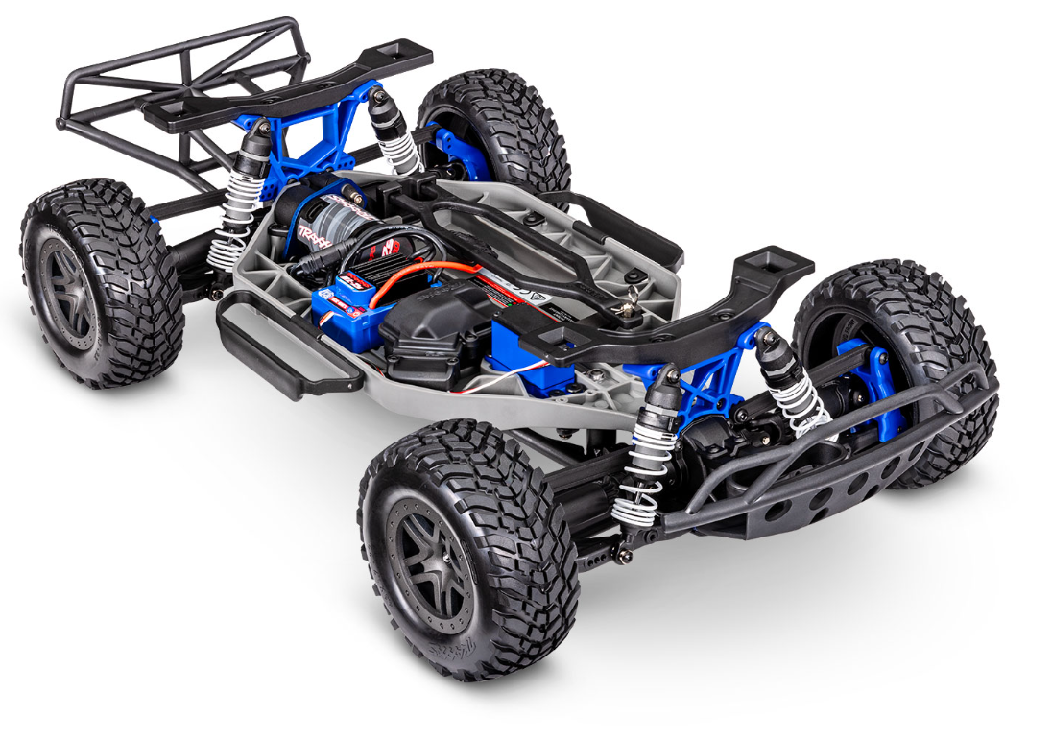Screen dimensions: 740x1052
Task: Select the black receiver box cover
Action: pyautogui.click(x=432, y=326)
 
